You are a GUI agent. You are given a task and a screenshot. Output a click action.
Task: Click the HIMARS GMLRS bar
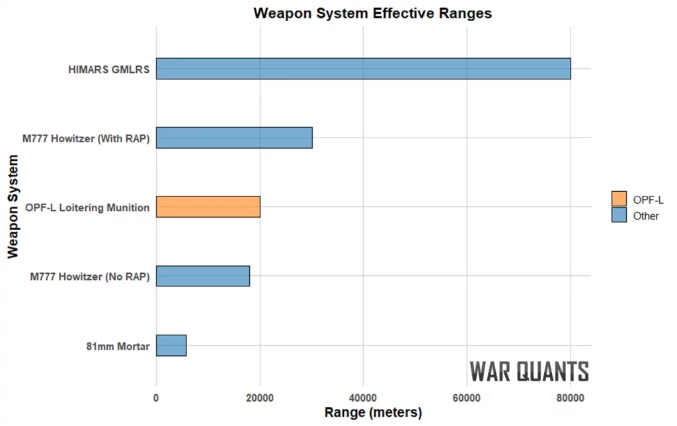(363, 69)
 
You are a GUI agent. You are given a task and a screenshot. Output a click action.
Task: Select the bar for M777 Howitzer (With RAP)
(234, 138)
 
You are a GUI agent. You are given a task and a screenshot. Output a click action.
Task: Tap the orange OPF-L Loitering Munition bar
(208, 207)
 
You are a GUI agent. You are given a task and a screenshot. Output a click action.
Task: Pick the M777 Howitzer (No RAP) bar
(203, 276)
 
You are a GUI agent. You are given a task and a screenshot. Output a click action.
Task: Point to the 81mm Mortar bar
(171, 345)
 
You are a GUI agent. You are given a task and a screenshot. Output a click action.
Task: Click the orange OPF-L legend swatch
(619, 198)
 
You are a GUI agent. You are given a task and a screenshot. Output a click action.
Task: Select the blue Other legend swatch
(619, 215)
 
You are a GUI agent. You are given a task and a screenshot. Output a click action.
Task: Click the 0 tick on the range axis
(156, 398)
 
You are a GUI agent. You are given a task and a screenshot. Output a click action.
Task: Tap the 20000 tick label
(260, 398)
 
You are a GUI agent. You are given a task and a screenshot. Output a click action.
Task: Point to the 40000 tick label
(363, 398)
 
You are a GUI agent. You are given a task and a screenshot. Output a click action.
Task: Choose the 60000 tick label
(467, 398)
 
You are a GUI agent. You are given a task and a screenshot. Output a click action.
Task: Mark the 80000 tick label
(570, 398)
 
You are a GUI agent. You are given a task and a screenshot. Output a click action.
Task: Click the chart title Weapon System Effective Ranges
(373, 13)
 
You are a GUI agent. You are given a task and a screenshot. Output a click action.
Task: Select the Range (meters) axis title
(373, 413)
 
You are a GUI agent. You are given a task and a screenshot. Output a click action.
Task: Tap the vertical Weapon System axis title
(13, 207)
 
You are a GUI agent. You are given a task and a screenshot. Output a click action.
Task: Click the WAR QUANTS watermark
(529, 372)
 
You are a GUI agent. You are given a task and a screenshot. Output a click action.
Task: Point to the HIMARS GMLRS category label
(108, 69)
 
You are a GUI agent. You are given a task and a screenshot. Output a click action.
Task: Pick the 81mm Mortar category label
(118, 346)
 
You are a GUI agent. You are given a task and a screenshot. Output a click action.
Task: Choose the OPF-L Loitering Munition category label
(87, 208)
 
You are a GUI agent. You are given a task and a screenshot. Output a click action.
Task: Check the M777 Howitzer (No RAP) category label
(90, 277)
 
